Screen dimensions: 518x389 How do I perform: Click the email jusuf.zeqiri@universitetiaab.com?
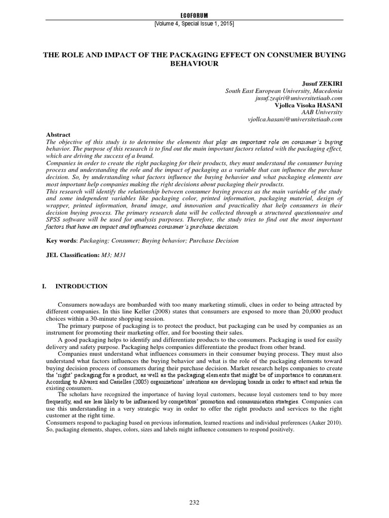[299, 98]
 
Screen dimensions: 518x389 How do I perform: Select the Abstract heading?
[57, 136]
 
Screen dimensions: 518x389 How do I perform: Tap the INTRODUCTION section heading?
[82, 286]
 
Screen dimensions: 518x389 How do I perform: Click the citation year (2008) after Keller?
[144, 312]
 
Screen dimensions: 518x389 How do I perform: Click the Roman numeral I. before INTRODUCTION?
[44, 286]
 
